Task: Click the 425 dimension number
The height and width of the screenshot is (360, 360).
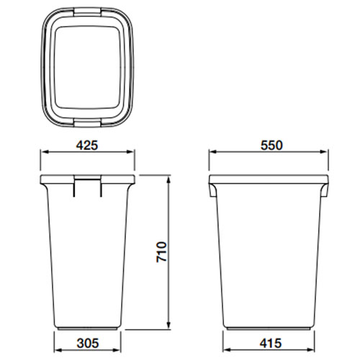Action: (87, 145)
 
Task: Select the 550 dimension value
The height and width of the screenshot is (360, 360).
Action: (271, 145)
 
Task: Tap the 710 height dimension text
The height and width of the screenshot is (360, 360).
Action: (161, 252)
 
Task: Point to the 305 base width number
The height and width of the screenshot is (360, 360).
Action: (88, 343)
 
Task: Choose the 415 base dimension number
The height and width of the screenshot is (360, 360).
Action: (271, 343)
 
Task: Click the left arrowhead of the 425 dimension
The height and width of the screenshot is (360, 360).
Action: (43, 152)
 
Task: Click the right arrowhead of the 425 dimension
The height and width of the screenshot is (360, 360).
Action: (131, 152)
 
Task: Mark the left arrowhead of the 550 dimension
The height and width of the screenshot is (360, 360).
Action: (212, 152)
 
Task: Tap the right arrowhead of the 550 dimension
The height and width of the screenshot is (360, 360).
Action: (324, 152)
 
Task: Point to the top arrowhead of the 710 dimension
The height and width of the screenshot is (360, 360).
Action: (169, 179)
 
